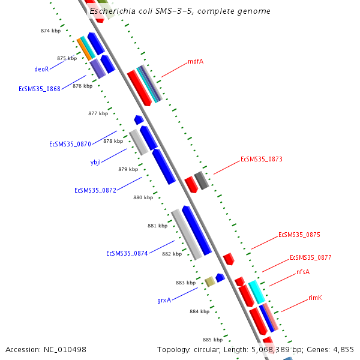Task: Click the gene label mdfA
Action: [x=195, y=61]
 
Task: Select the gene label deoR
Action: [x=41, y=69]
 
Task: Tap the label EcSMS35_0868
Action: [x=40, y=89]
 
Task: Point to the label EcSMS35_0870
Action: [x=70, y=144]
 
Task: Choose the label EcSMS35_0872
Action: [x=95, y=190]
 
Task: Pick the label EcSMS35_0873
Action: [x=261, y=160]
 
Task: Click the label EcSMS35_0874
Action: [x=127, y=253]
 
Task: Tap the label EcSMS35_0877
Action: [x=310, y=258]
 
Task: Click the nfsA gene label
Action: [x=303, y=272]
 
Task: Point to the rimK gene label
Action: [x=315, y=298]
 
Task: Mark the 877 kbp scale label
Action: [x=98, y=113]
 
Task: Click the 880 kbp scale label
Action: [x=143, y=197]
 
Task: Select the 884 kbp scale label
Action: [x=199, y=311]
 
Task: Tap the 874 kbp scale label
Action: [x=50, y=31]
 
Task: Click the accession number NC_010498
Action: [x=46, y=349]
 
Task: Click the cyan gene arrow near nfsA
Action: [x=257, y=292]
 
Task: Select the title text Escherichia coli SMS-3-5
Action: [x=143, y=11]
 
